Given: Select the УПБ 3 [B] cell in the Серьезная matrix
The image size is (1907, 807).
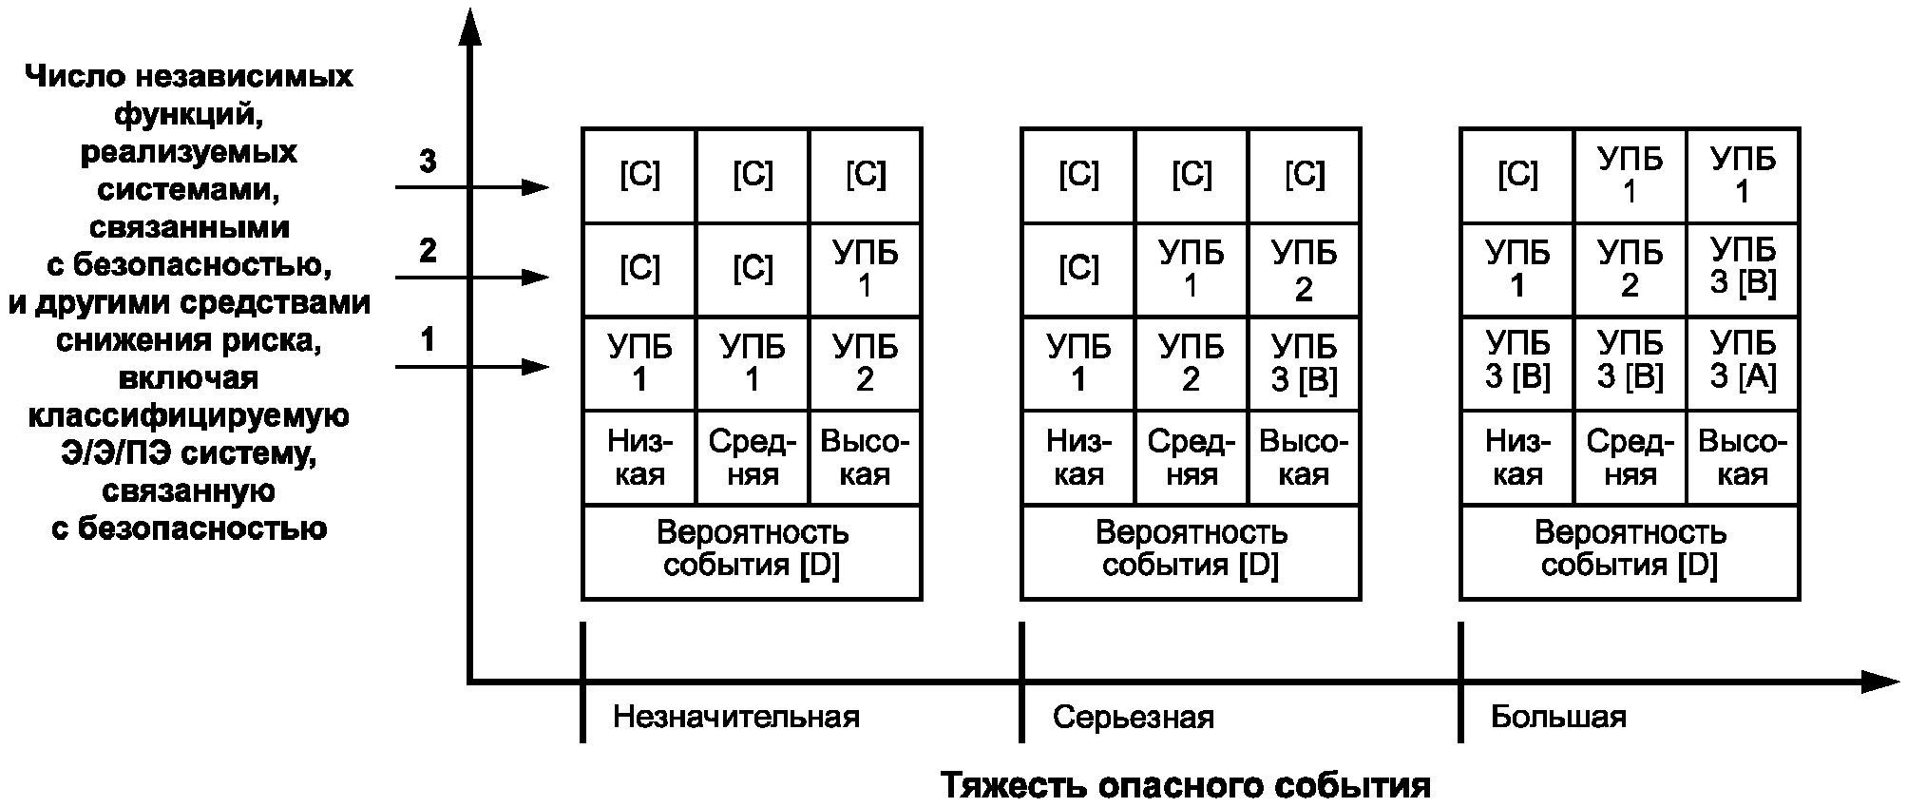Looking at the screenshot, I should coord(1304,363).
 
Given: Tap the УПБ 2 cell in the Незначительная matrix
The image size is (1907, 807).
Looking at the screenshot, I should coord(865,363).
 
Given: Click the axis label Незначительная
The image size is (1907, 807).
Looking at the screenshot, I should coord(735,717).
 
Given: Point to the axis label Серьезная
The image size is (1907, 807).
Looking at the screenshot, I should coord(1133,717).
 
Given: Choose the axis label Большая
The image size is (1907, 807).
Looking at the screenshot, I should coord(1558,717).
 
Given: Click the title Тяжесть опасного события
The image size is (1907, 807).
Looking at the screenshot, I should coord(1185,786).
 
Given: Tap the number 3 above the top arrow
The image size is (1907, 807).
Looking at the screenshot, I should coord(429,162).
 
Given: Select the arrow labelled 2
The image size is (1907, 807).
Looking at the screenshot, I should coord(471,278).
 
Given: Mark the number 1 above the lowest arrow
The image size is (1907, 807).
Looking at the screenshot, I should coord(429,339).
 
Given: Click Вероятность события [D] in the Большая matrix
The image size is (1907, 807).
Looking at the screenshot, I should coord(1630,549).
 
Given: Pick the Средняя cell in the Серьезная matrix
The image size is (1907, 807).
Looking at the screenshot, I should coord(1191,457).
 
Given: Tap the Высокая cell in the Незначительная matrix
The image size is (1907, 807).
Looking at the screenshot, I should coord(865,457).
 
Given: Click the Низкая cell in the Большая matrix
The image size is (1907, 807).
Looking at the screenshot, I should coord(1516,457).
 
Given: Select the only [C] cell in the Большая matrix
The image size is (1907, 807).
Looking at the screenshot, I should coord(1516,175).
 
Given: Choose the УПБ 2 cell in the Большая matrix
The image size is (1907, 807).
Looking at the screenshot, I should coord(1630,268).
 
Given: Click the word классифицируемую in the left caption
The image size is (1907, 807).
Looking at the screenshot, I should coord(188,416).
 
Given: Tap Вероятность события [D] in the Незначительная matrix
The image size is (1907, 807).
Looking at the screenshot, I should coord(752,549).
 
